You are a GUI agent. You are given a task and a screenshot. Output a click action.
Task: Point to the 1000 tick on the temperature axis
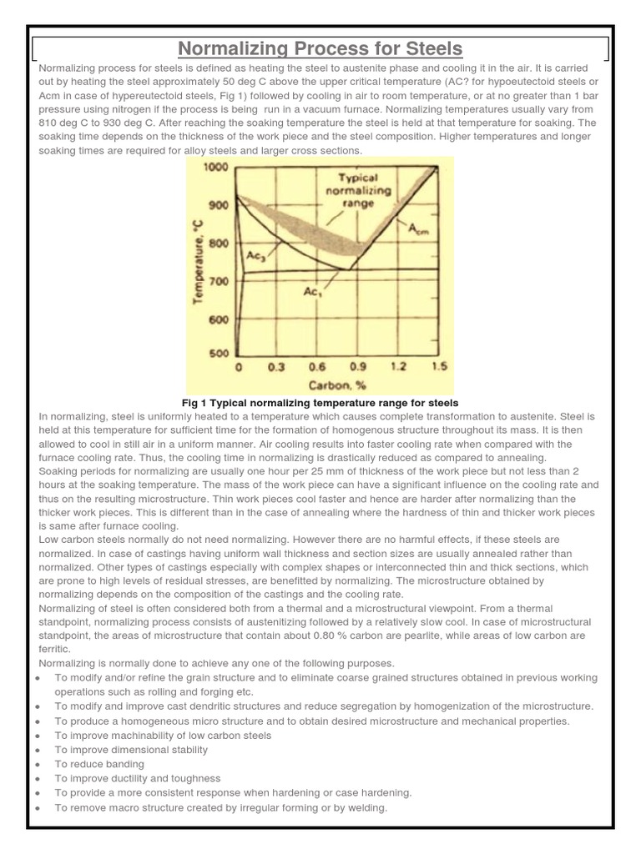coord(215,168)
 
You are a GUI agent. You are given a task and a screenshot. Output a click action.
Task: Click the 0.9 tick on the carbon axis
coord(358,367)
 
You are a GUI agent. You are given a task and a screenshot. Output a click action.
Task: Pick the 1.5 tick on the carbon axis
coord(438,367)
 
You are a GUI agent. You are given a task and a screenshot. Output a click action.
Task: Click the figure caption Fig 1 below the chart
coord(320,403)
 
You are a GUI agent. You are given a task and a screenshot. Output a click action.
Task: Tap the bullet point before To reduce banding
coord(39,765)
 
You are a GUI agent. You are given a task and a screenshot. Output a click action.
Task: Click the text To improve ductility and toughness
coord(138,778)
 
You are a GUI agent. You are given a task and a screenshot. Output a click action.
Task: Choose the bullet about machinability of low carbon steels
coord(163,735)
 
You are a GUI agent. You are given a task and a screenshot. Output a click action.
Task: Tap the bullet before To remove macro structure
coord(39,809)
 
